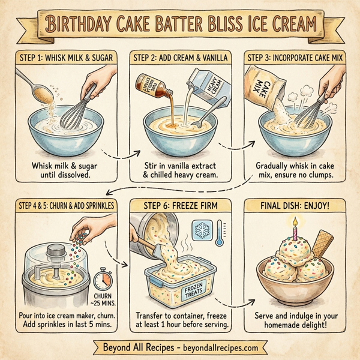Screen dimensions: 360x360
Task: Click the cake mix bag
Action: coord(263,89)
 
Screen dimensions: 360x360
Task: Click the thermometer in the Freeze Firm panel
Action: coord(221,235)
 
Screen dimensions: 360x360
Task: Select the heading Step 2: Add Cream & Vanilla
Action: coord(181,58)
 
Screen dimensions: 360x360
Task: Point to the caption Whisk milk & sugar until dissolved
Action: coord(65,169)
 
